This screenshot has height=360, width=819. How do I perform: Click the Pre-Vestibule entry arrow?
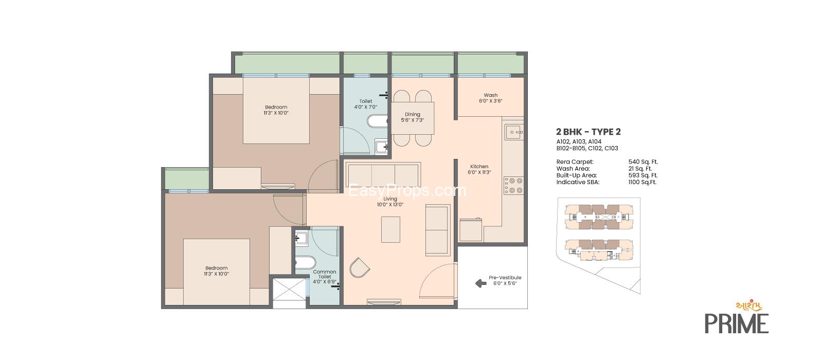[480, 283]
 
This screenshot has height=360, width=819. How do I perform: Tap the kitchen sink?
[514, 132]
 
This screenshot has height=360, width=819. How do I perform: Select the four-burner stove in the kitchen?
[513, 185]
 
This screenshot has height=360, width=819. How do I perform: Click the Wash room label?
[491, 95]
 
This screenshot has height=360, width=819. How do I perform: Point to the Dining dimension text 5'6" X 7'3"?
[413, 120]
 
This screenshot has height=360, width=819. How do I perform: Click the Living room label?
[390, 199]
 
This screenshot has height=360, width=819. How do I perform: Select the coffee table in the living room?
[390, 229]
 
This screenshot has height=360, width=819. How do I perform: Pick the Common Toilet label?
[325, 274]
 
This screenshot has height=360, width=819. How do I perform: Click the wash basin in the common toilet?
[301, 239]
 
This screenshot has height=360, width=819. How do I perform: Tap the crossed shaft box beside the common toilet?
[289, 289]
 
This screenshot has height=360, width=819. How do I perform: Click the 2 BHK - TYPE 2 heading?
[589, 132]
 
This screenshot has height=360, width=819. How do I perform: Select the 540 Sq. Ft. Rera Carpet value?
[643, 161]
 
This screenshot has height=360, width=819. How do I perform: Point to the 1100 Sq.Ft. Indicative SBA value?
[643, 182]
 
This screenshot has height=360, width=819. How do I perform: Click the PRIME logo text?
[737, 323]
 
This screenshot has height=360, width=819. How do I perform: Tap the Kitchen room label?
[479, 166]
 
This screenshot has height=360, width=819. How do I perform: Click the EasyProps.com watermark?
[407, 190]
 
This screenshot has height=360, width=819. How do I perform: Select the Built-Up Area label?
[577, 175]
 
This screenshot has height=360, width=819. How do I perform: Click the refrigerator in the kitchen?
[471, 230]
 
